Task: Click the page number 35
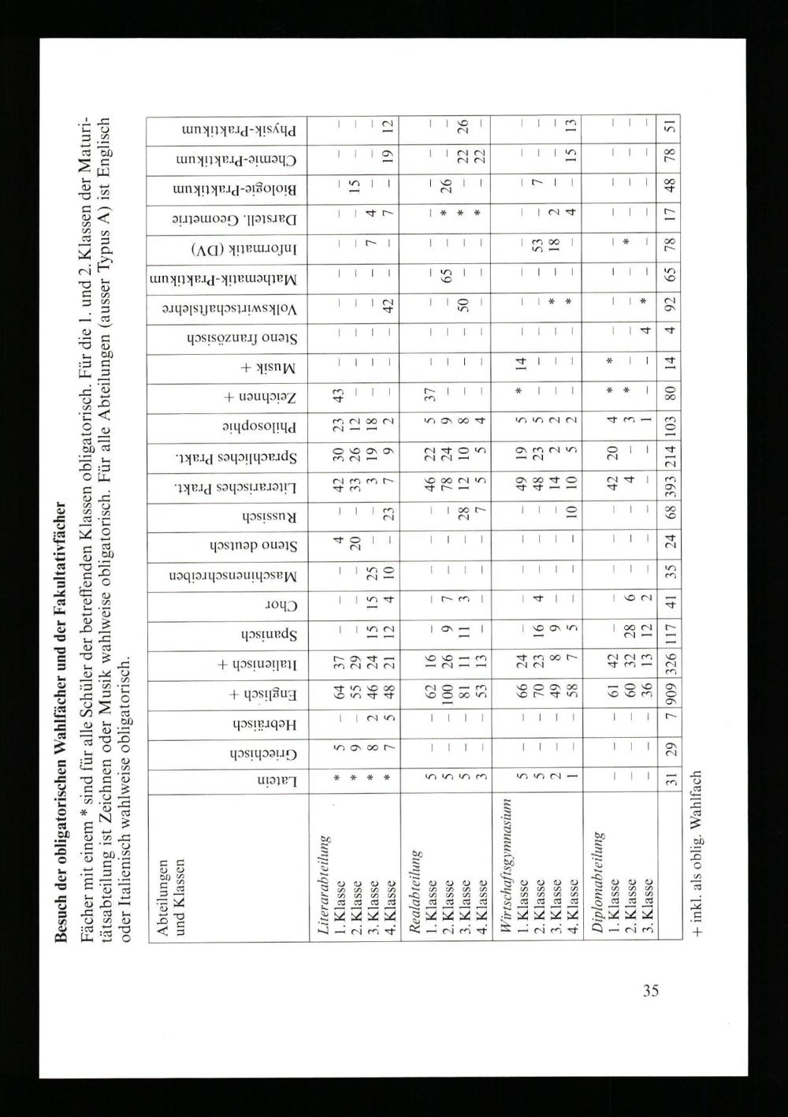(650, 991)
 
